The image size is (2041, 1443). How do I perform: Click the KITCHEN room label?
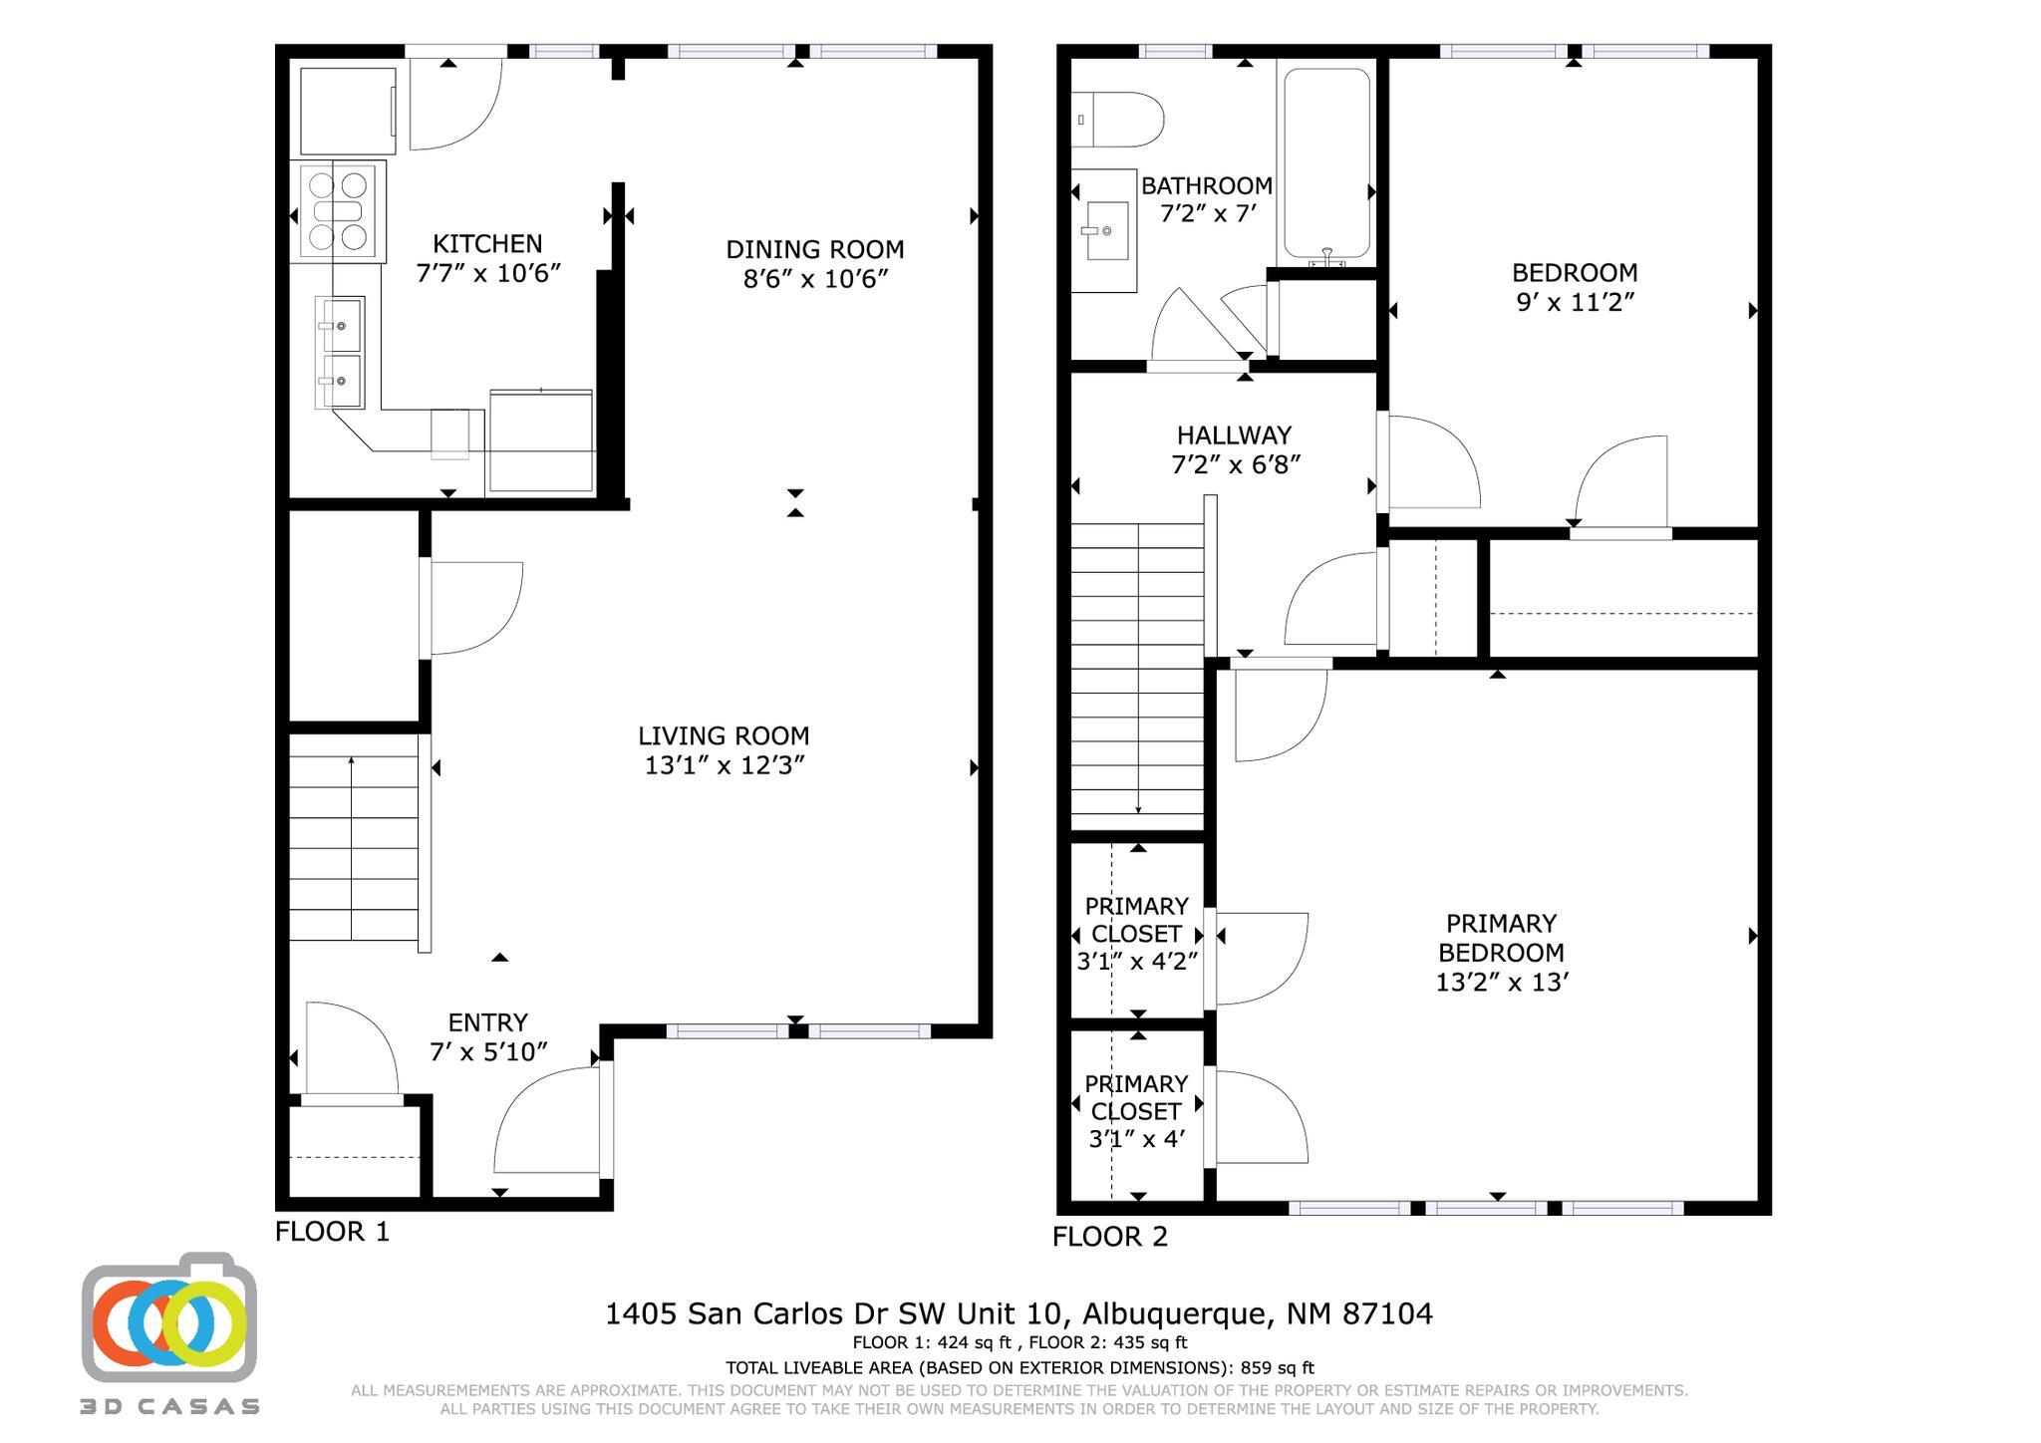(487, 244)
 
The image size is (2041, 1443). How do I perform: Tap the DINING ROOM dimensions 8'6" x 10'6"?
(814, 279)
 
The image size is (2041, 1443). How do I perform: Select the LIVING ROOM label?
(724, 736)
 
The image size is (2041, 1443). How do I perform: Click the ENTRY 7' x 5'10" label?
(488, 1036)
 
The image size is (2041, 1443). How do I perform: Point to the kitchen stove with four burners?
(337, 211)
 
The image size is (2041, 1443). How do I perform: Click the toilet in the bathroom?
(1120, 120)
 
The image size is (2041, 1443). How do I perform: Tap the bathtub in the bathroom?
(1326, 164)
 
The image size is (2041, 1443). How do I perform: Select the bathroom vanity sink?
(1102, 231)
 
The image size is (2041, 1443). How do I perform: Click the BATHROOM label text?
(1206, 186)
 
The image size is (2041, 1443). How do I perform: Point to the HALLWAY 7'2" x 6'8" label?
(1235, 449)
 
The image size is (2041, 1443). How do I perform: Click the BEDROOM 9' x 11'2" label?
(1575, 287)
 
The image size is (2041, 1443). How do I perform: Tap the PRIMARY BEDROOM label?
(1501, 938)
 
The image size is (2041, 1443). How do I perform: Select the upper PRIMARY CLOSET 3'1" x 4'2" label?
(1136, 933)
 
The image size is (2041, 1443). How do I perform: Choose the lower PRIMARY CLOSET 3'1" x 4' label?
(1136, 1110)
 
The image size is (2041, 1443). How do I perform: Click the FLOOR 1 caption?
(332, 1232)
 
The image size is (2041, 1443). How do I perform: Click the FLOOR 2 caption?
(1109, 1237)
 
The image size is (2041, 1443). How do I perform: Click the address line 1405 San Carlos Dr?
(1019, 1313)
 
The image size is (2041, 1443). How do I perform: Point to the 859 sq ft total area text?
(1277, 1368)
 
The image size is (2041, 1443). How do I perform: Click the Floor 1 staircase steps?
(354, 847)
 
